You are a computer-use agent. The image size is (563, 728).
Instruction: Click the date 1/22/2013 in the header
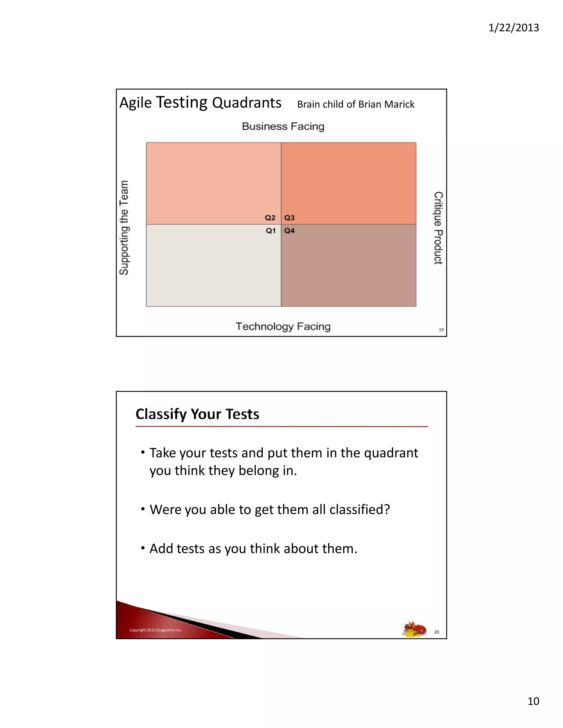[513, 28]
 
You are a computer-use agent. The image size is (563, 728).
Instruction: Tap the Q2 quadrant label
[270, 218]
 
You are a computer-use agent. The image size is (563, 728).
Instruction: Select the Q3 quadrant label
[289, 218]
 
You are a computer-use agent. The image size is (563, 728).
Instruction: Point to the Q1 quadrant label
[271, 231]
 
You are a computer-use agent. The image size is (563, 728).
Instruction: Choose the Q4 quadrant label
[289, 231]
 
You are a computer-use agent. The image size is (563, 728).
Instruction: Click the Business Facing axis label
[283, 126]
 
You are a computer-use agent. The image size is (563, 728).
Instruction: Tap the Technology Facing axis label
[283, 326]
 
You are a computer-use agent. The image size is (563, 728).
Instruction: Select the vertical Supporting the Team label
[124, 228]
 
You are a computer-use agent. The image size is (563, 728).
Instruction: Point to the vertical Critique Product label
[438, 228]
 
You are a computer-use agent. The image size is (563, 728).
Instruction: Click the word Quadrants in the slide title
[247, 103]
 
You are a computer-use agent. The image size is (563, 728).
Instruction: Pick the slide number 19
[441, 330]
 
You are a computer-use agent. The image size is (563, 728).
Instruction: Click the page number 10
[533, 701]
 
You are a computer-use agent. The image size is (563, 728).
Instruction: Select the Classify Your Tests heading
[197, 414]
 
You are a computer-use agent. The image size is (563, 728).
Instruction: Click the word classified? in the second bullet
[360, 510]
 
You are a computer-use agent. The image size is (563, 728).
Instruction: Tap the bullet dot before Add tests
[143, 548]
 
